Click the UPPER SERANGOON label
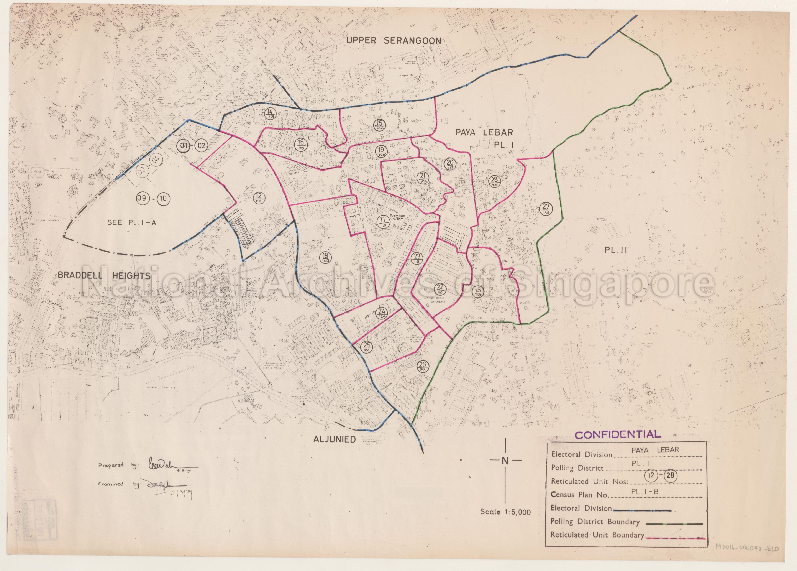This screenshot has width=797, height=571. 394,41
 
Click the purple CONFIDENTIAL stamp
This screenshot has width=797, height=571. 617,435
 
